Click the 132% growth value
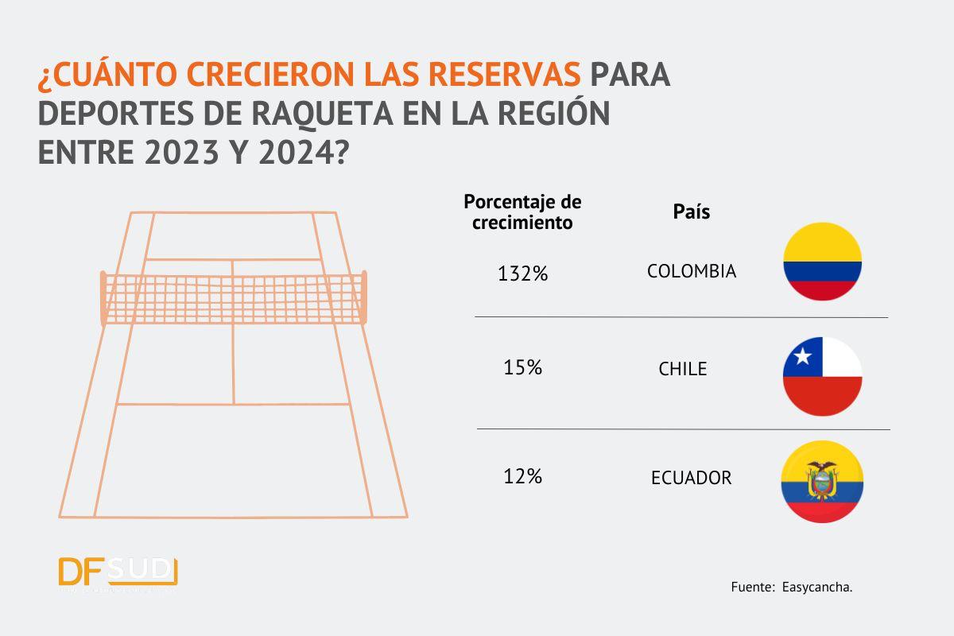click(x=522, y=274)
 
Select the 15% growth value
click(x=522, y=368)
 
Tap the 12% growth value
click(x=522, y=477)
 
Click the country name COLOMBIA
click(x=692, y=271)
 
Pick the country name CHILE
click(x=682, y=370)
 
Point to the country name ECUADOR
click(x=691, y=479)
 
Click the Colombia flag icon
click(x=822, y=262)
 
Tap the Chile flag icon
click(x=822, y=376)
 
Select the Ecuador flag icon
click(x=822, y=483)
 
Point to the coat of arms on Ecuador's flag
click(x=823, y=480)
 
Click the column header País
click(x=691, y=212)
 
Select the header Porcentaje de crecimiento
click(x=522, y=212)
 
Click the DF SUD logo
click(x=118, y=572)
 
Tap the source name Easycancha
click(x=818, y=588)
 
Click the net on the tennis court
click(x=235, y=298)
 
